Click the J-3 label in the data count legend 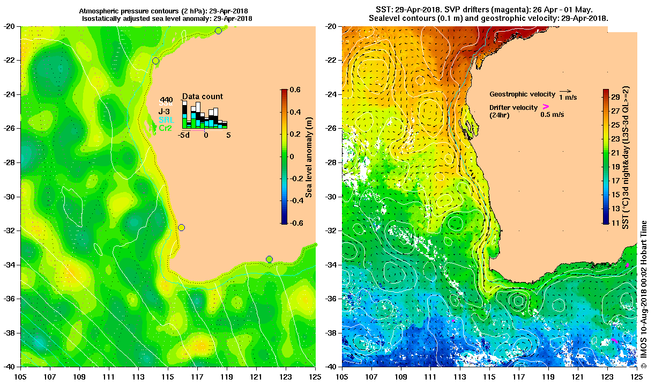[163, 111]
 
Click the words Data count [203, 96]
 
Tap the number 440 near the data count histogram [166, 100]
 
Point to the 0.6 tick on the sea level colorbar [295, 90]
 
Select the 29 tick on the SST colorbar [615, 96]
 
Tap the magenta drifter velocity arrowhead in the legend [546, 107]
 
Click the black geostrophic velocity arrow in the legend [564, 92]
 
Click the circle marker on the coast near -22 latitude [155, 61]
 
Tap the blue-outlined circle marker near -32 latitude [181, 227]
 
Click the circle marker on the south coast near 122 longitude [269, 259]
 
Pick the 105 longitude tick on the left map [21, 370]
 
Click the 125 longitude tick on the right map [637, 370]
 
